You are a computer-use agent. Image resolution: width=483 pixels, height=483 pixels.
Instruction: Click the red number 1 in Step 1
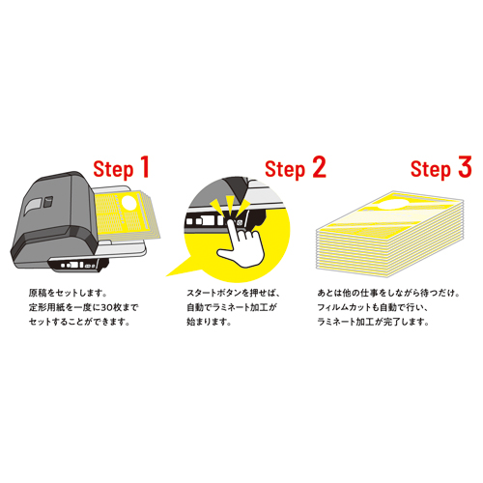[145, 167]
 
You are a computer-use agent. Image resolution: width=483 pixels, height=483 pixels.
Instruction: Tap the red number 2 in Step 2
[319, 167]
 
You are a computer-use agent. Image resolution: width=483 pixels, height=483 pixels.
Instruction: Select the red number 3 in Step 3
[465, 167]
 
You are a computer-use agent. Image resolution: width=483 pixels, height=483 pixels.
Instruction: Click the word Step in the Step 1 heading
[113, 170]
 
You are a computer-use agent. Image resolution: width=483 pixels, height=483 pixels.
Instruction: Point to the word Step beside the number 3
[431, 170]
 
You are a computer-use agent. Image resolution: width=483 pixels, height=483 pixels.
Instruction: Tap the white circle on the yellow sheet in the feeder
[129, 203]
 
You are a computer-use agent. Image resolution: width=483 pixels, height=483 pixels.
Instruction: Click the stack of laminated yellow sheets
[390, 234]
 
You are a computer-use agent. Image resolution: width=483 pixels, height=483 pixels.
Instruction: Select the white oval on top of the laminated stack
[391, 204]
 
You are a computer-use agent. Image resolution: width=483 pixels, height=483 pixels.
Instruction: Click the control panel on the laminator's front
[77, 265]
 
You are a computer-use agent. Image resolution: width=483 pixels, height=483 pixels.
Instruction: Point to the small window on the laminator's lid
[33, 205]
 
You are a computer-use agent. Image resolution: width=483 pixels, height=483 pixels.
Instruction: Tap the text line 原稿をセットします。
[68, 293]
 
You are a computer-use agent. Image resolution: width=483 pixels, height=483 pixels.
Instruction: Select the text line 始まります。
[209, 322]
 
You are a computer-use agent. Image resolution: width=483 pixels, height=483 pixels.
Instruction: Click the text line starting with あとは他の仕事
[388, 293]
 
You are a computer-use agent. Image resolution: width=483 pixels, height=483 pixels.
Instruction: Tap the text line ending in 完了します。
[373, 322]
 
